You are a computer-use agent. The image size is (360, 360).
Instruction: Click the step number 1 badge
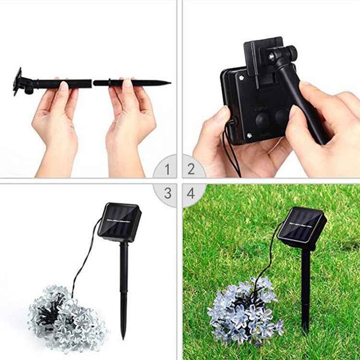click(x=167, y=169)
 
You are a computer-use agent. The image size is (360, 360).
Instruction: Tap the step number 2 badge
click(x=191, y=169)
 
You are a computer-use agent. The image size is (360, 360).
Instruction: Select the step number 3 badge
click(x=167, y=193)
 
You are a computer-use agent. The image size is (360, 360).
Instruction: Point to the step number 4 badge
click(x=191, y=193)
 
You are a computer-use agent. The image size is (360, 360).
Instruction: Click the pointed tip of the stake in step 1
click(x=168, y=83)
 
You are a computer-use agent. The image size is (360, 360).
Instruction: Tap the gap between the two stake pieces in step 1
click(x=92, y=83)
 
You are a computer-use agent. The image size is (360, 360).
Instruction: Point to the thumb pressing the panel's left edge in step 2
click(x=221, y=115)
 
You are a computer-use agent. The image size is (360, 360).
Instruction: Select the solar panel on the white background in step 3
click(x=119, y=222)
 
